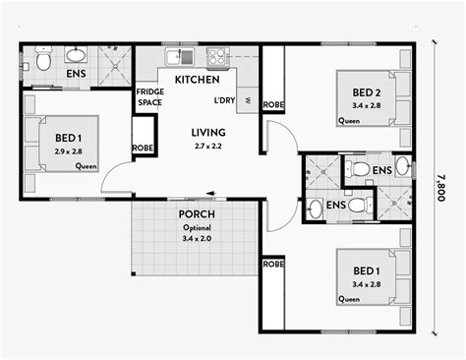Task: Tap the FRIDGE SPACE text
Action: [x=150, y=97]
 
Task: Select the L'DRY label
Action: [x=224, y=99]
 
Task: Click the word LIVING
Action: [x=208, y=132]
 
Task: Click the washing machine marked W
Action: [x=247, y=99]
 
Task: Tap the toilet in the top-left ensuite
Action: [x=44, y=61]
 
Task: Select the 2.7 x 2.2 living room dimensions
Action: [x=208, y=145]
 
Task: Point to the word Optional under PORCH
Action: [x=198, y=226]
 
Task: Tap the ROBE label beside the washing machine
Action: [x=273, y=104]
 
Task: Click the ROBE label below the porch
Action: [x=273, y=265]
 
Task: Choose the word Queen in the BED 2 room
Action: [x=349, y=121]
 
